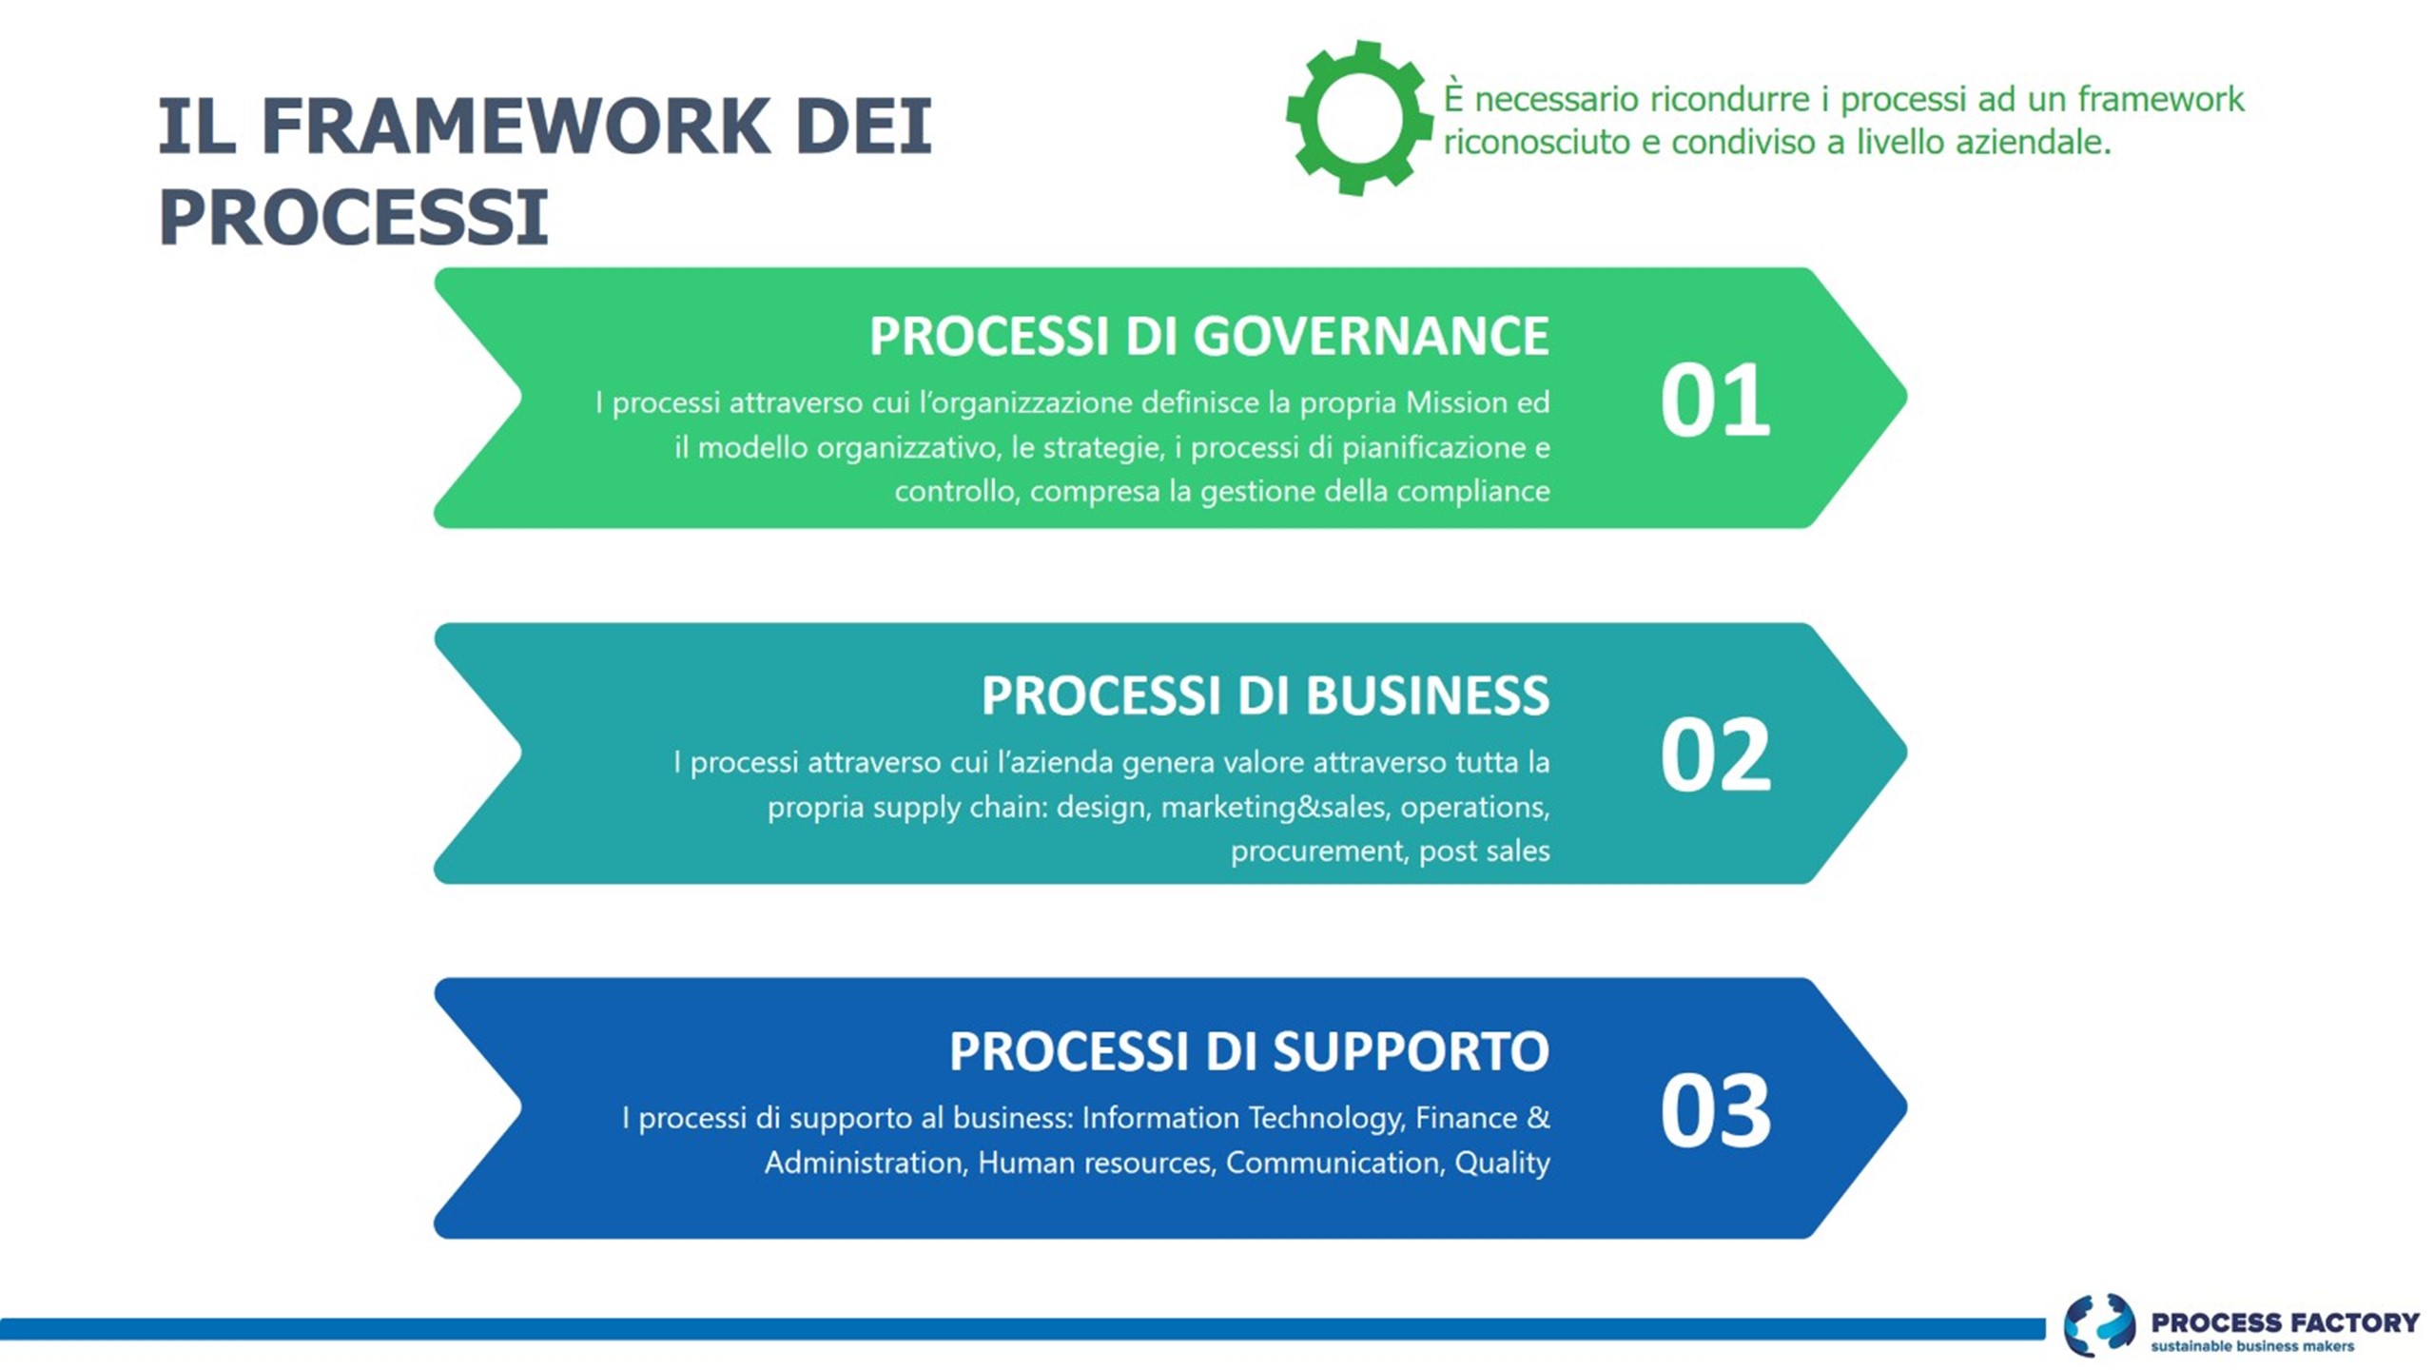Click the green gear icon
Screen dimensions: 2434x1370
(x=1359, y=118)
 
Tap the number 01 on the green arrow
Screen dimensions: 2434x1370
(x=1715, y=401)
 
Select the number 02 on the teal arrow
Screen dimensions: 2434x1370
(x=1715, y=755)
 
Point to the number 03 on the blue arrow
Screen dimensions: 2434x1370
(x=1715, y=1110)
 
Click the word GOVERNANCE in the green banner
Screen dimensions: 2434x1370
(x=1371, y=337)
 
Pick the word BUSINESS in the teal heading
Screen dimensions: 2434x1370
(x=1427, y=695)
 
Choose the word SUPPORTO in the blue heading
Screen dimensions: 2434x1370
(x=1411, y=1051)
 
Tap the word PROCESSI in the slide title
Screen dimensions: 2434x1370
(x=353, y=217)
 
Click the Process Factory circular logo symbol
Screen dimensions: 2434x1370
(x=2100, y=1324)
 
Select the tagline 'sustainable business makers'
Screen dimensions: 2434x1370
(x=2252, y=1346)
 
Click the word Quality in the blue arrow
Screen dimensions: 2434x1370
(x=1502, y=1163)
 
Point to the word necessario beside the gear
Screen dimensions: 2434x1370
(x=1557, y=100)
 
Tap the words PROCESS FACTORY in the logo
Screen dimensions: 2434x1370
(x=2285, y=1321)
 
